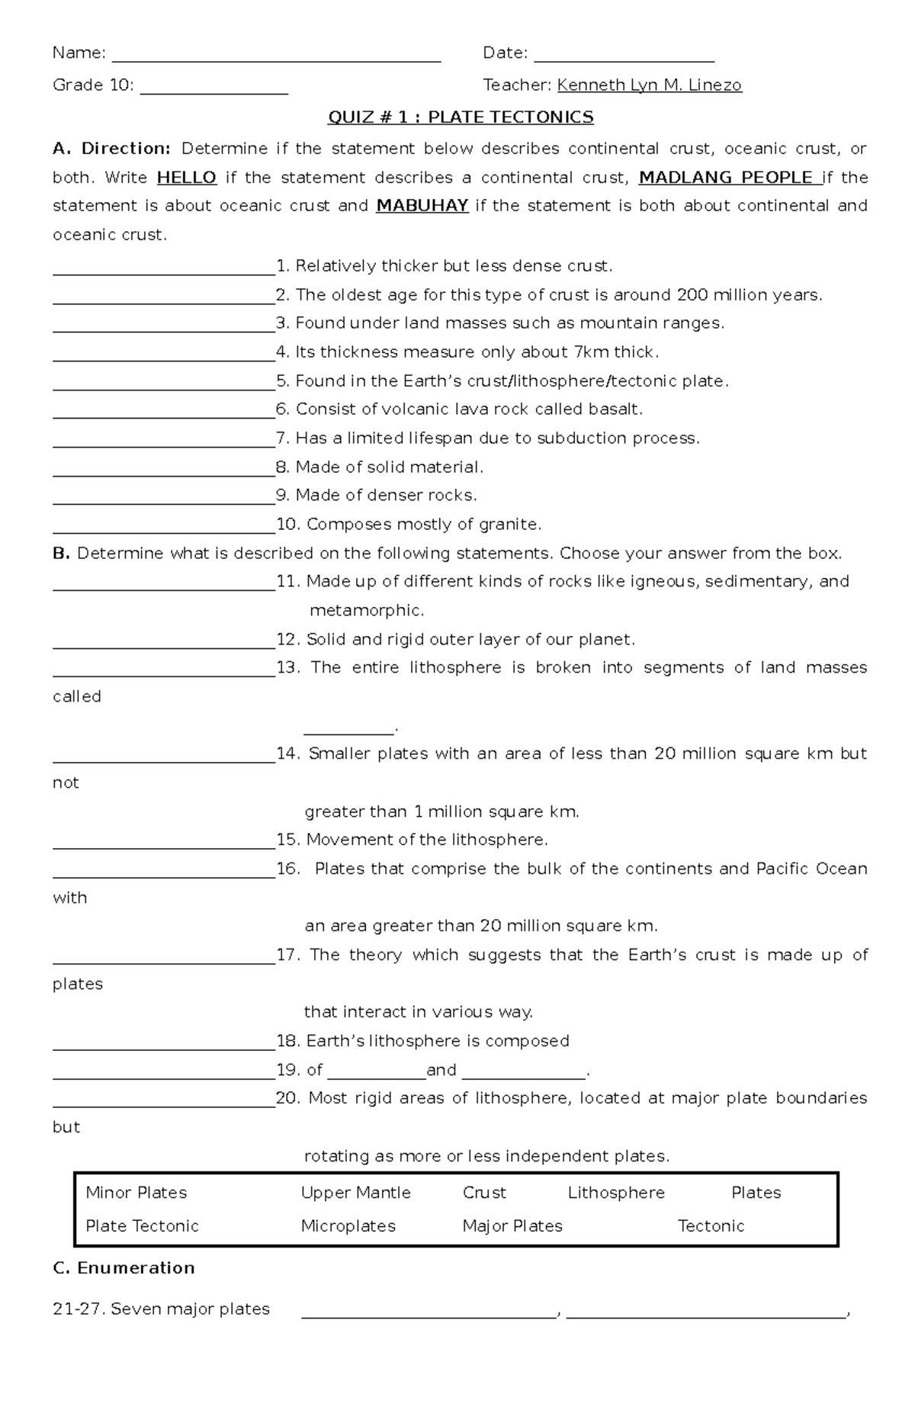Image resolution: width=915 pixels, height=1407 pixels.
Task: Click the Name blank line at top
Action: point(276,56)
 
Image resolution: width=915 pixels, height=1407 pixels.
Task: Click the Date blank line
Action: point(624,56)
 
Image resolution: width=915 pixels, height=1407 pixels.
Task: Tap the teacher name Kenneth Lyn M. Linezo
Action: point(649,85)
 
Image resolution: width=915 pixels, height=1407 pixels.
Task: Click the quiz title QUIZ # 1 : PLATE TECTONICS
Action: point(460,117)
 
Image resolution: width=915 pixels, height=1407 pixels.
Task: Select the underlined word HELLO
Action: point(187,178)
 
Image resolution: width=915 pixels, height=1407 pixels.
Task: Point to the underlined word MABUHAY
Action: point(422,206)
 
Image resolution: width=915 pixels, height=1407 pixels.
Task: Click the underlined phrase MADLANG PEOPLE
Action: point(729,178)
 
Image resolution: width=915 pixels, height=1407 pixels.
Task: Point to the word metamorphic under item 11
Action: point(365,611)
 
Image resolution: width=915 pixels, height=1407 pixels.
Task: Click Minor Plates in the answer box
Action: point(136,1193)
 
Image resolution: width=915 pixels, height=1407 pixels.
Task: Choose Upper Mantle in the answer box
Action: point(355,1193)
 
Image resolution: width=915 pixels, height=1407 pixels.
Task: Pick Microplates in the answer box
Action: point(348,1226)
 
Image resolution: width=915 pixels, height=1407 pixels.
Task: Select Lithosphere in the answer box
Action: point(616,1193)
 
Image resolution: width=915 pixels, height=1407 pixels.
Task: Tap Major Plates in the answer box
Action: point(512,1226)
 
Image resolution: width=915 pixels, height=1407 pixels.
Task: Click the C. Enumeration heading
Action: point(124,1268)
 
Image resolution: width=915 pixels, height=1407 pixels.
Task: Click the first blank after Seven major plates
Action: point(429,1312)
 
